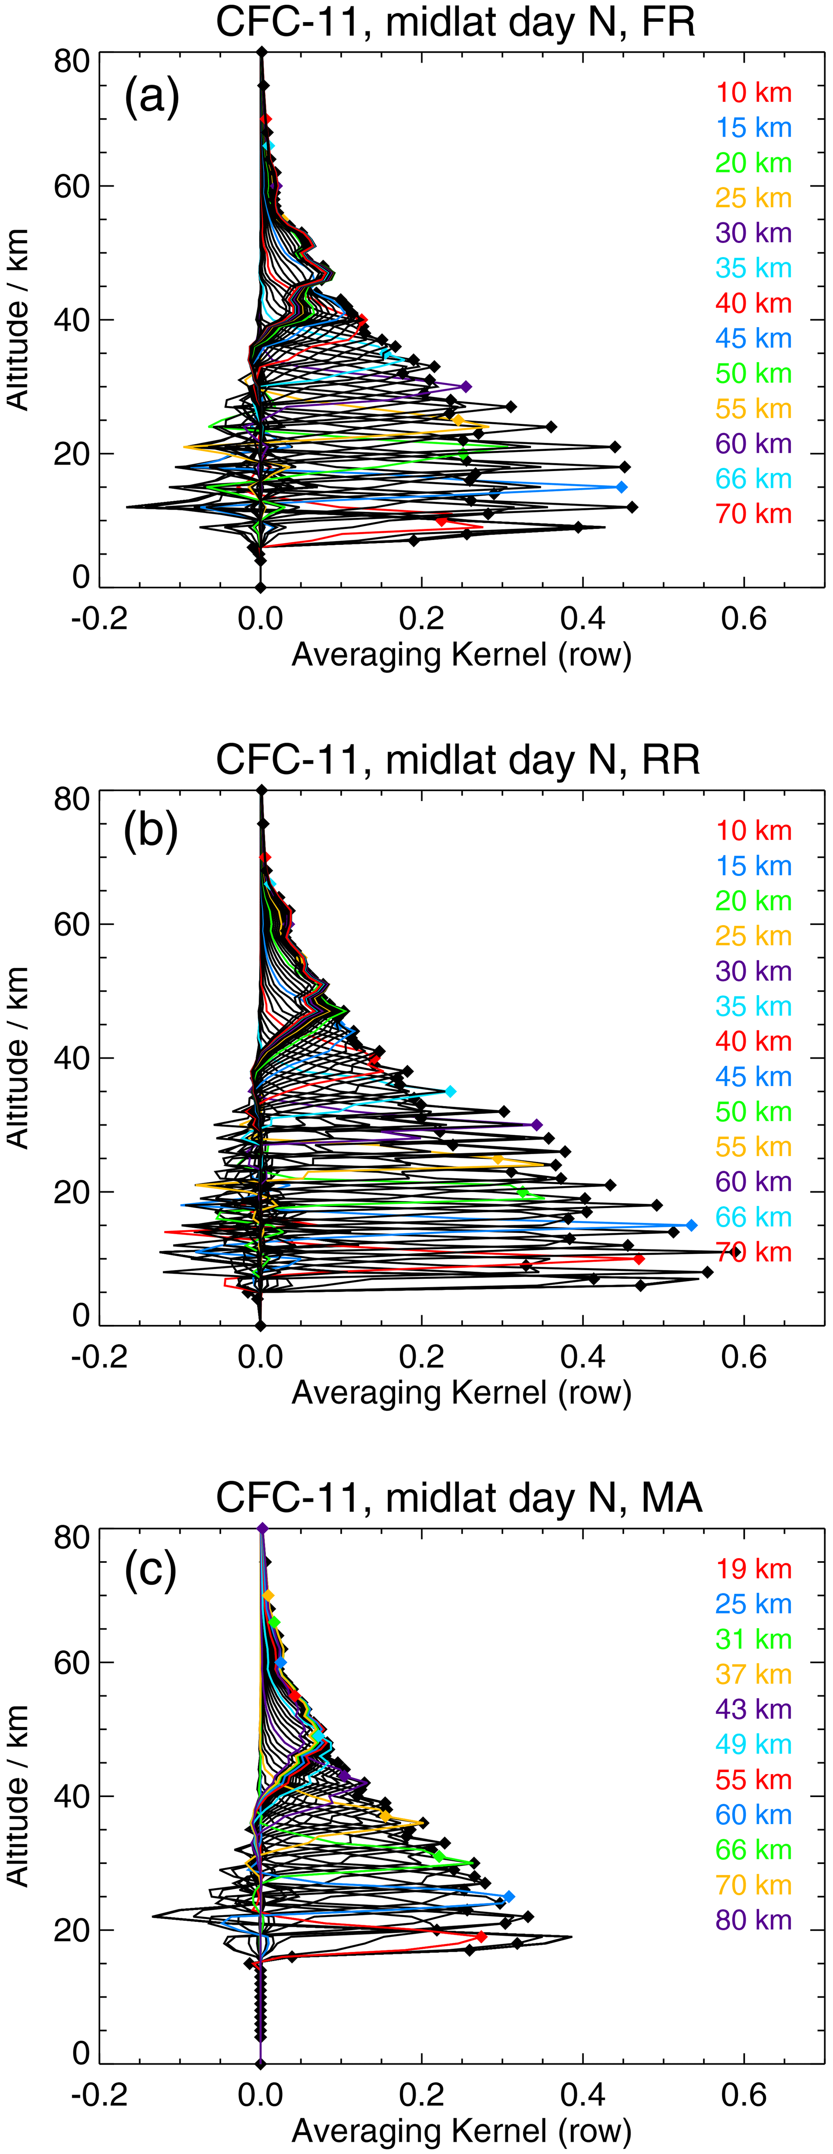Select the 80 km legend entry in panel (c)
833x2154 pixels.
(x=753, y=1920)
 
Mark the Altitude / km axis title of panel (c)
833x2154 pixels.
(x=19, y=1796)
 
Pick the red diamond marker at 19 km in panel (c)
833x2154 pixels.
(x=481, y=1936)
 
